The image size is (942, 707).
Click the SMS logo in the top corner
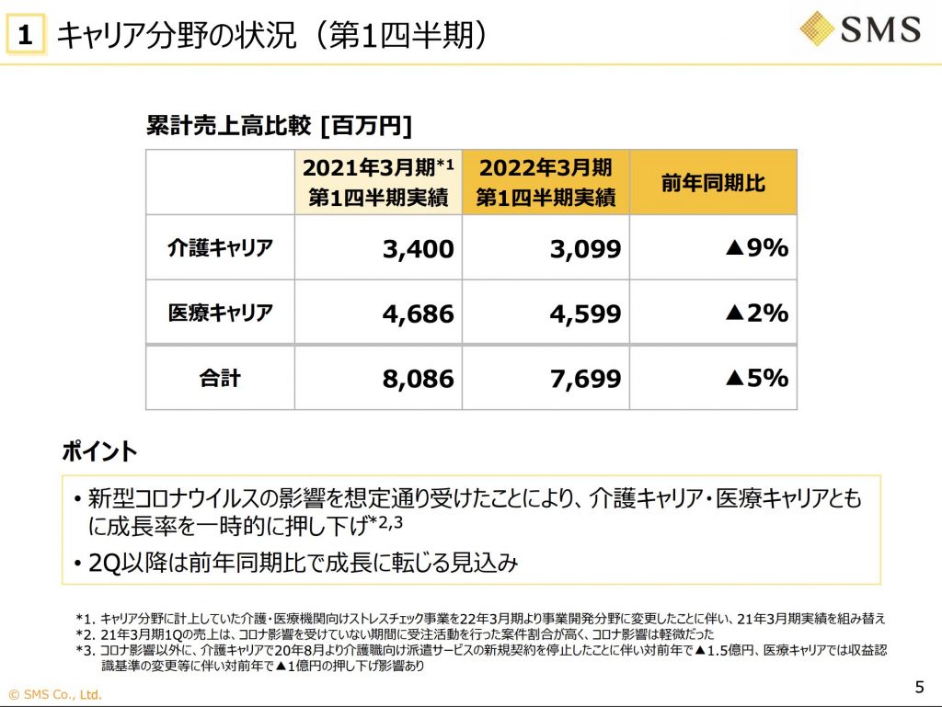point(859,29)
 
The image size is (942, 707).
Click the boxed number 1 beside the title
point(27,36)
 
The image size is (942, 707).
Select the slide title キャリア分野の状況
point(271,35)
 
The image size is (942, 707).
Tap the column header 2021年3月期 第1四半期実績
point(378,182)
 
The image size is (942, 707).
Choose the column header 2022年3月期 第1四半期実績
point(546,182)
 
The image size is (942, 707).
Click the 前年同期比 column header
point(713,182)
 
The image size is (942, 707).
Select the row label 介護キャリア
point(220,247)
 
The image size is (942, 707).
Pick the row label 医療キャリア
point(220,313)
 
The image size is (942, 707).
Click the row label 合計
point(220,378)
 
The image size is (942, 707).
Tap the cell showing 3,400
point(419,248)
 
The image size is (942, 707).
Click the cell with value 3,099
point(586,248)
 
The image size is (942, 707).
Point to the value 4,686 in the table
point(419,314)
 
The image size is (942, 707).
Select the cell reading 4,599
point(586,314)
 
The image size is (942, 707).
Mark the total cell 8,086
point(419,379)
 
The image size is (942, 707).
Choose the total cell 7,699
point(586,379)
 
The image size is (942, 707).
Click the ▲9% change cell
point(756,247)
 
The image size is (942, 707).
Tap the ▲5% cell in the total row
point(756,378)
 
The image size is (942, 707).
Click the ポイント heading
point(99,451)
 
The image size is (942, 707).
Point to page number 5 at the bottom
point(919,687)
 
